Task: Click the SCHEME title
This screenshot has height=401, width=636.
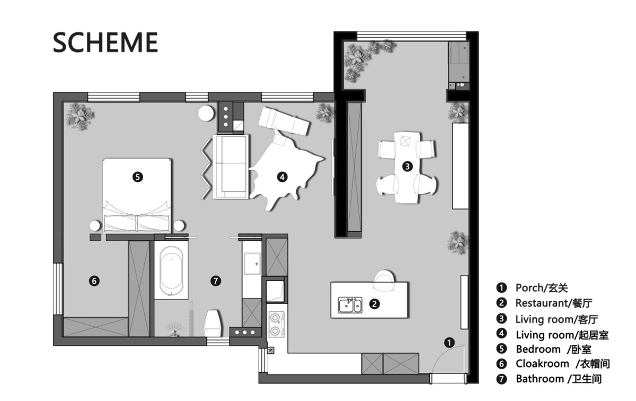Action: click(105, 42)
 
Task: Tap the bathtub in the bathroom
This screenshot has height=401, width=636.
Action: click(171, 271)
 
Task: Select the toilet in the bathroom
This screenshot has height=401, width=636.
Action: click(213, 323)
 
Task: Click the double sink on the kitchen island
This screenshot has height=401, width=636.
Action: click(350, 305)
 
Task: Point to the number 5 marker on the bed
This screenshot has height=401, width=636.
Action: click(138, 177)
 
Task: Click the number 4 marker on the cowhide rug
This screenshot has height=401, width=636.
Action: click(282, 177)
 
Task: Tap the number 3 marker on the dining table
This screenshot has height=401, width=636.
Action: click(408, 166)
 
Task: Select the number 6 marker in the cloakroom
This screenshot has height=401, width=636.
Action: click(94, 281)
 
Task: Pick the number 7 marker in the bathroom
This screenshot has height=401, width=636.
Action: click(216, 281)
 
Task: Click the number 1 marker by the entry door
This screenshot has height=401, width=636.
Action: click(449, 343)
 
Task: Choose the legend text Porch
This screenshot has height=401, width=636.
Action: click(529, 288)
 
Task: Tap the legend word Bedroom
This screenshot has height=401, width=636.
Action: click(538, 349)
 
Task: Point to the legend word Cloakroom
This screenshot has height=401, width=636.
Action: click(543, 364)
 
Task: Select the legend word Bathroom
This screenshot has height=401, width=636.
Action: click(540, 379)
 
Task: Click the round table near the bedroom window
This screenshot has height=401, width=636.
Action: click(206, 114)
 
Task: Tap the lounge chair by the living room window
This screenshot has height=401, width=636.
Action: click(284, 121)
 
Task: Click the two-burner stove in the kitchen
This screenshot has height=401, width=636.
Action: click(276, 324)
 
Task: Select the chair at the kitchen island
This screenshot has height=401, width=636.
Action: click(384, 281)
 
